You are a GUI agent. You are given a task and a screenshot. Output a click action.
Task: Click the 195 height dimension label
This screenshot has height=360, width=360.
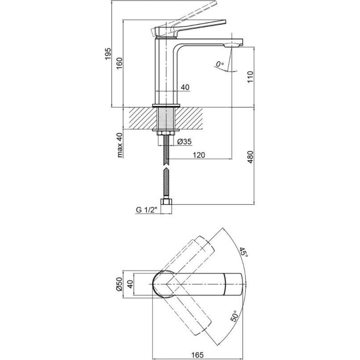coord(108,54)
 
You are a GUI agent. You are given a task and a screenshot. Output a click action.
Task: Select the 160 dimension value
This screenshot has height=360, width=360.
coord(120,64)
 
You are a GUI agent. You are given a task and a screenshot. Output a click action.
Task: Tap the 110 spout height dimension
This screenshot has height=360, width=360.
coord(250,77)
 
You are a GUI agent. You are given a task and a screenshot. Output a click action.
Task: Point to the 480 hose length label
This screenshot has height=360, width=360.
coord(250,157)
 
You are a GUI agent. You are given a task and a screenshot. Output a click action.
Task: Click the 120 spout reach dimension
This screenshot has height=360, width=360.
coord(199,155)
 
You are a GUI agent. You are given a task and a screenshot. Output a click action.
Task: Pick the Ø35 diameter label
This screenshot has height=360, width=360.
coord(184,142)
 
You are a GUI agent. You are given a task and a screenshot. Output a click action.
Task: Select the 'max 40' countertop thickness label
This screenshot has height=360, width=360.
coord(120,145)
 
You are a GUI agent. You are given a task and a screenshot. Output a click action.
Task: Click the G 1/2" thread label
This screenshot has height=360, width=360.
coord(146,210)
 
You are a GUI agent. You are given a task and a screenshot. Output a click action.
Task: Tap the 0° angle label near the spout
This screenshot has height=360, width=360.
coord(220,64)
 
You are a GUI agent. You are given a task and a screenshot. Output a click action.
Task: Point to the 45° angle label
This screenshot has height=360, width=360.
coord(244,252)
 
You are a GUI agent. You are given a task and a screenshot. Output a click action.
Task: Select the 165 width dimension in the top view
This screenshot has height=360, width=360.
coord(197,355)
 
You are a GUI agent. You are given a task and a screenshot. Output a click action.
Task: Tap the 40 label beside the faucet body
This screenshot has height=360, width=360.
coord(185,87)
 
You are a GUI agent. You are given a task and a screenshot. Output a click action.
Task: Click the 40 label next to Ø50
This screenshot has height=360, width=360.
coord(130,284)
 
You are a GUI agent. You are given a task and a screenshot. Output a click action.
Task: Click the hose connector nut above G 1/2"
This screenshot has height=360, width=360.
coord(166,202)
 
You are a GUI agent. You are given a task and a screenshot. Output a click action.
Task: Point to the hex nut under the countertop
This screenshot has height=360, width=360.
coord(166,133)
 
